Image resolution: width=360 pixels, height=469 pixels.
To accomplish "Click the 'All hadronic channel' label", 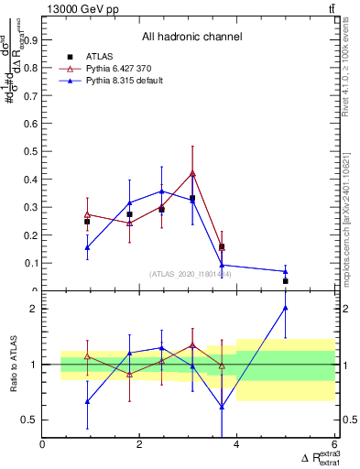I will coord(191,38).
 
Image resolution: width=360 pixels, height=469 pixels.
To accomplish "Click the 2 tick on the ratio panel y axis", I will coord(35,309).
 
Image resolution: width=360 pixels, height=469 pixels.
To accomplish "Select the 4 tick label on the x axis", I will coord(237,445).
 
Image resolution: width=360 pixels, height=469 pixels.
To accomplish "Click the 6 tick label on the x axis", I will coord(334,445).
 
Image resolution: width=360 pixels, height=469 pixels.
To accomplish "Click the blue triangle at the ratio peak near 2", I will coord(286,308).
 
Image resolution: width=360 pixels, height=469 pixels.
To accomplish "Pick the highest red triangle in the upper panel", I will coord(192,173).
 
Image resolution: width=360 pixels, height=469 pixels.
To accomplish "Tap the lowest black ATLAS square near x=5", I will coord(286,281).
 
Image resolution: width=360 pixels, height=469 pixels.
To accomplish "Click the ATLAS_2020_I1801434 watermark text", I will coord(191,274).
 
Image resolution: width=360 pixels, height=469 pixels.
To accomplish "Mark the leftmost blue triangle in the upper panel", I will coord(87,247).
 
